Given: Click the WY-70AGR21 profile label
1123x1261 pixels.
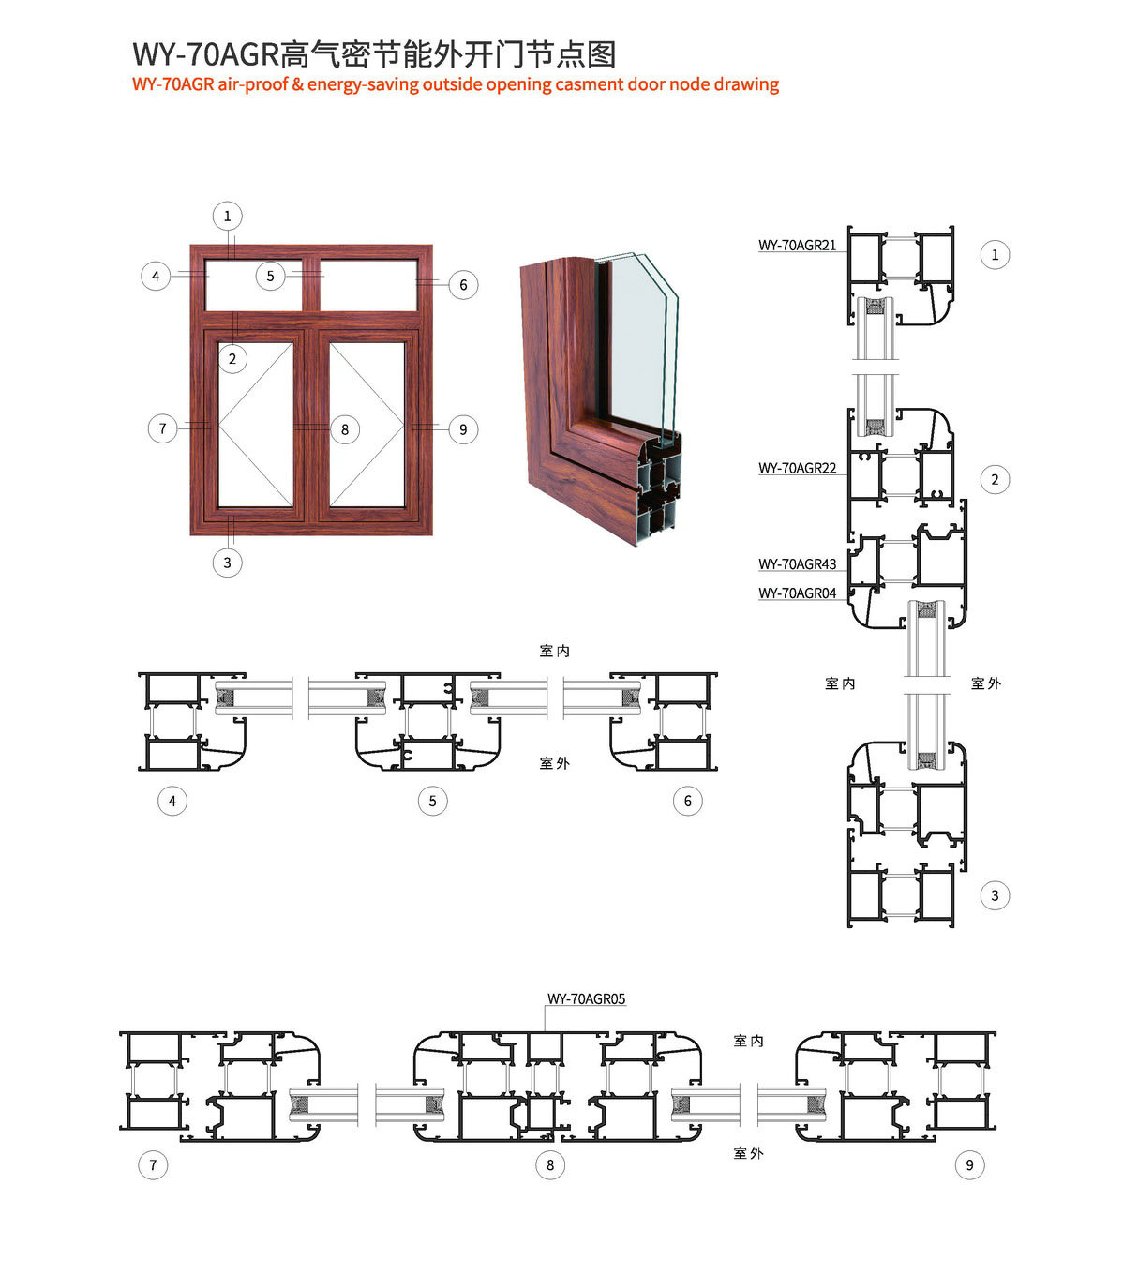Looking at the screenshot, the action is pyautogui.click(x=797, y=245).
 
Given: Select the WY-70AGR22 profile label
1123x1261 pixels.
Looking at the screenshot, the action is pyautogui.click(x=797, y=468).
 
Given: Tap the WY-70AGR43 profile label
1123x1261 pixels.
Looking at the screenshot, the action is pyautogui.click(x=797, y=563).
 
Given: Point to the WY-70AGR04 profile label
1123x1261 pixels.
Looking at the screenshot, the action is pyautogui.click(x=797, y=593).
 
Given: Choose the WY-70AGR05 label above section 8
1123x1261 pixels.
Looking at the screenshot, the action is pyautogui.click(x=586, y=998).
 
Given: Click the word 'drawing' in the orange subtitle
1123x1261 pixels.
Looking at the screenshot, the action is pyautogui.click(x=746, y=84).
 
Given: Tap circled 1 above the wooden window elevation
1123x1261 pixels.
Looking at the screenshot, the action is pyautogui.click(x=227, y=216).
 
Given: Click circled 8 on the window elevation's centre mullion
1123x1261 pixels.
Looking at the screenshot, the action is pyautogui.click(x=345, y=428).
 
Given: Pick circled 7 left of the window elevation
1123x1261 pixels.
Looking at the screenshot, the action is pyautogui.click(x=162, y=428).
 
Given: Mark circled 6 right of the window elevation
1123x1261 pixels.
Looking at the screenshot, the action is pyautogui.click(x=463, y=284).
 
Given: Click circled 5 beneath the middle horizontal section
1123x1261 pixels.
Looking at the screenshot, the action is pyautogui.click(x=433, y=801).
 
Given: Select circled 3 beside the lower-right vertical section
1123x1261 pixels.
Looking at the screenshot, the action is pyautogui.click(x=995, y=895).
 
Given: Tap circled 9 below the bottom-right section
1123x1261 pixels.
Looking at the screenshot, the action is pyautogui.click(x=969, y=1164).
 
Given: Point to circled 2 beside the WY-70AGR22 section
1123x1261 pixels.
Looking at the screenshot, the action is pyautogui.click(x=995, y=479).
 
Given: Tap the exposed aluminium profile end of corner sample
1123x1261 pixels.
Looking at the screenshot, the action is pyautogui.click(x=660, y=491).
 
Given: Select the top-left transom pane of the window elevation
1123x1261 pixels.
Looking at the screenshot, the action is pyautogui.click(x=254, y=285).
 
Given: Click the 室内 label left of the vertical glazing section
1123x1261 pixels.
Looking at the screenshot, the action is pyautogui.click(x=840, y=683).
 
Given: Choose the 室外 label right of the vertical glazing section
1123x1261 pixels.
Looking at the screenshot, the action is pyautogui.click(x=986, y=683).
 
